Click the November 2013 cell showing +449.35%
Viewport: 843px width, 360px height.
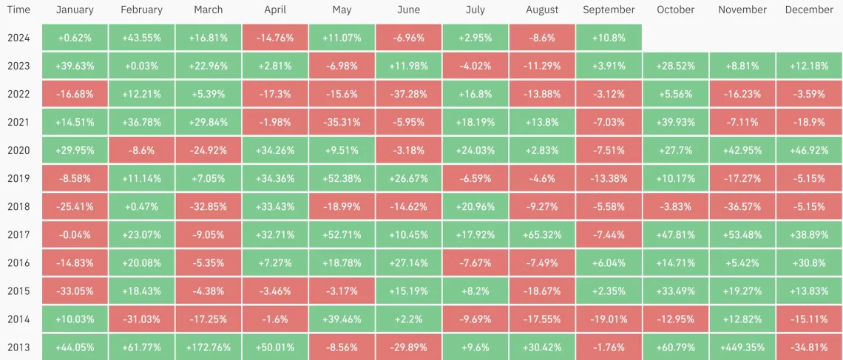point(742,347)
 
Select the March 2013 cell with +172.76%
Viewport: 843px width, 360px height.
point(208,347)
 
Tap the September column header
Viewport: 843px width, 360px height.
point(609,10)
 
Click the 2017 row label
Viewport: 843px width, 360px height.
point(18,235)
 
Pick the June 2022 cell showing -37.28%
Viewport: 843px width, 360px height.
point(408,94)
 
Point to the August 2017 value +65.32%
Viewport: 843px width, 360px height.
point(541,235)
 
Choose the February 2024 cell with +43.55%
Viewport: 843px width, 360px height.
point(141,38)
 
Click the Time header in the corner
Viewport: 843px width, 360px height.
point(18,10)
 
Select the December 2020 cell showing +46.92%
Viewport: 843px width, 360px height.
point(809,150)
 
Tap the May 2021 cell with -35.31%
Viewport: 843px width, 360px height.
point(342,122)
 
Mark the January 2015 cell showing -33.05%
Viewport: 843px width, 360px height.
point(74,291)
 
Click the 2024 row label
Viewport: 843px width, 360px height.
point(18,38)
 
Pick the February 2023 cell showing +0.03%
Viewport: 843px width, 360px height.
point(141,66)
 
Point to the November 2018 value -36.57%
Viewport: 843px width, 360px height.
point(742,206)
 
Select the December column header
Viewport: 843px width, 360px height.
point(809,10)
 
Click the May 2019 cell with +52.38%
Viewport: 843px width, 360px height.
point(342,178)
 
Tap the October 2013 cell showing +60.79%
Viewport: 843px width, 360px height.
point(676,347)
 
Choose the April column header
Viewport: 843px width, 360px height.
point(274,10)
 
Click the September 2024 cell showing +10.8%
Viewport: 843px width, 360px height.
point(609,38)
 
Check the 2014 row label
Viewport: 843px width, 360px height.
point(18,319)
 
